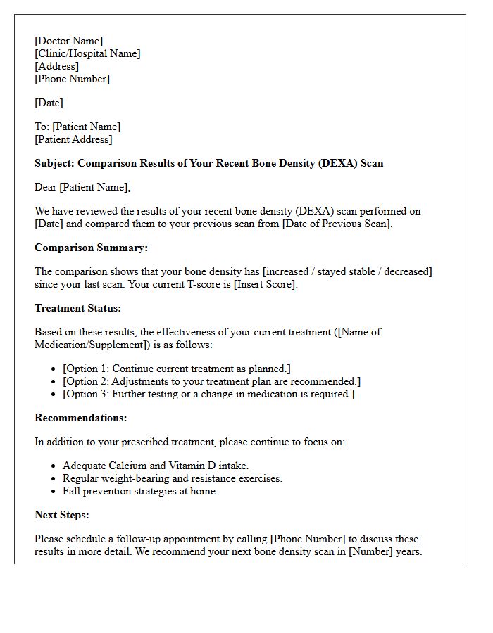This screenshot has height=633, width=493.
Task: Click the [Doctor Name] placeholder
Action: (x=68, y=41)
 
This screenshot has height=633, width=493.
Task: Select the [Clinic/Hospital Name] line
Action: (x=87, y=53)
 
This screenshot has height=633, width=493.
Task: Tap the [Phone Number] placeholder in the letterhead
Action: (x=72, y=79)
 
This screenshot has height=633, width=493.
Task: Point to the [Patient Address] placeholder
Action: (x=73, y=139)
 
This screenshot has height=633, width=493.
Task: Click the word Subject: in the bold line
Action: (x=54, y=163)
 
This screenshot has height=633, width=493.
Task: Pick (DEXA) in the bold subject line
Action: (x=337, y=163)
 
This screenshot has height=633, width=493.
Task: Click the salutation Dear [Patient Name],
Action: (x=82, y=187)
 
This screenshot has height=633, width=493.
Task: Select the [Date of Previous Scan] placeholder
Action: (x=331, y=224)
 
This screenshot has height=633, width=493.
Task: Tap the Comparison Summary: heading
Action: (x=91, y=248)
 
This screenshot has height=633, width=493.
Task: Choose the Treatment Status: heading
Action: (x=77, y=308)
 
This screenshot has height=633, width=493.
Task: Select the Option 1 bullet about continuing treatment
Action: (x=176, y=369)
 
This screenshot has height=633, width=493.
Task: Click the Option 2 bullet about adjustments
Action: (x=211, y=381)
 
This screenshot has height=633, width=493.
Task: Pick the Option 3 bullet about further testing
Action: (x=208, y=394)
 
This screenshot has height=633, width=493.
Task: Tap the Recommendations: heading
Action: (x=80, y=418)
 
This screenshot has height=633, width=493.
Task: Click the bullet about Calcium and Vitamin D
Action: (x=156, y=466)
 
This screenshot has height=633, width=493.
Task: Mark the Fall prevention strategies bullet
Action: (x=140, y=491)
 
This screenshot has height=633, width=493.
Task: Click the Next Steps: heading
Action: (x=61, y=515)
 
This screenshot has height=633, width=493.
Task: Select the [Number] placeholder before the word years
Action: (x=370, y=551)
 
